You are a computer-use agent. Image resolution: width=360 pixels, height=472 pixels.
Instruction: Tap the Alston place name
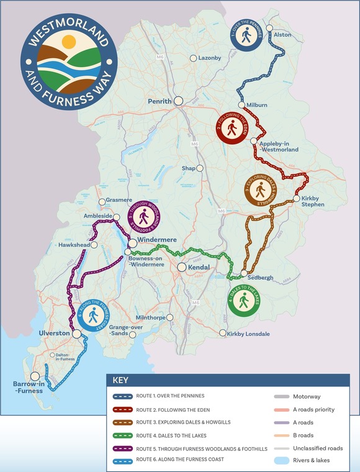[x=282, y=35]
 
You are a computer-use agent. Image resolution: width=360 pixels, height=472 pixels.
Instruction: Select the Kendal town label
[x=199, y=267]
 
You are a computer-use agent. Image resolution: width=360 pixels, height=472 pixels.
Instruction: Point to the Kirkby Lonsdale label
[x=249, y=334]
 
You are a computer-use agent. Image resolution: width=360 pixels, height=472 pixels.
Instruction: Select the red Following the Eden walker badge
[x=232, y=128]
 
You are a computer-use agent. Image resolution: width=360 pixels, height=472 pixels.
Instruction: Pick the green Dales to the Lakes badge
[x=244, y=301]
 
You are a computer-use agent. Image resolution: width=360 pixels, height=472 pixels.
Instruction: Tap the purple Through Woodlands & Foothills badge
[x=143, y=218]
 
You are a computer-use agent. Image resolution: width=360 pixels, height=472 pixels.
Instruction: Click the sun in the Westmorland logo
[x=68, y=43]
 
